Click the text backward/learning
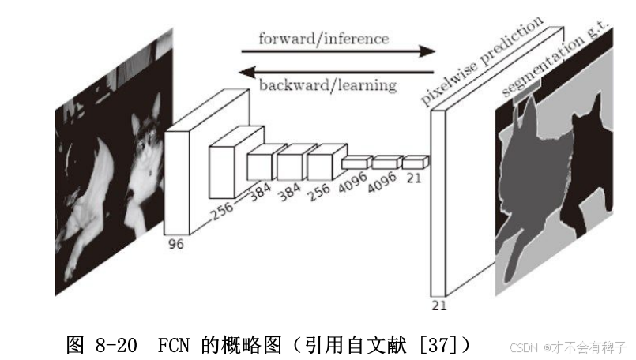(x=327, y=84)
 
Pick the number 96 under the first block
(x=175, y=245)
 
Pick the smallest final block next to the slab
(x=414, y=163)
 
